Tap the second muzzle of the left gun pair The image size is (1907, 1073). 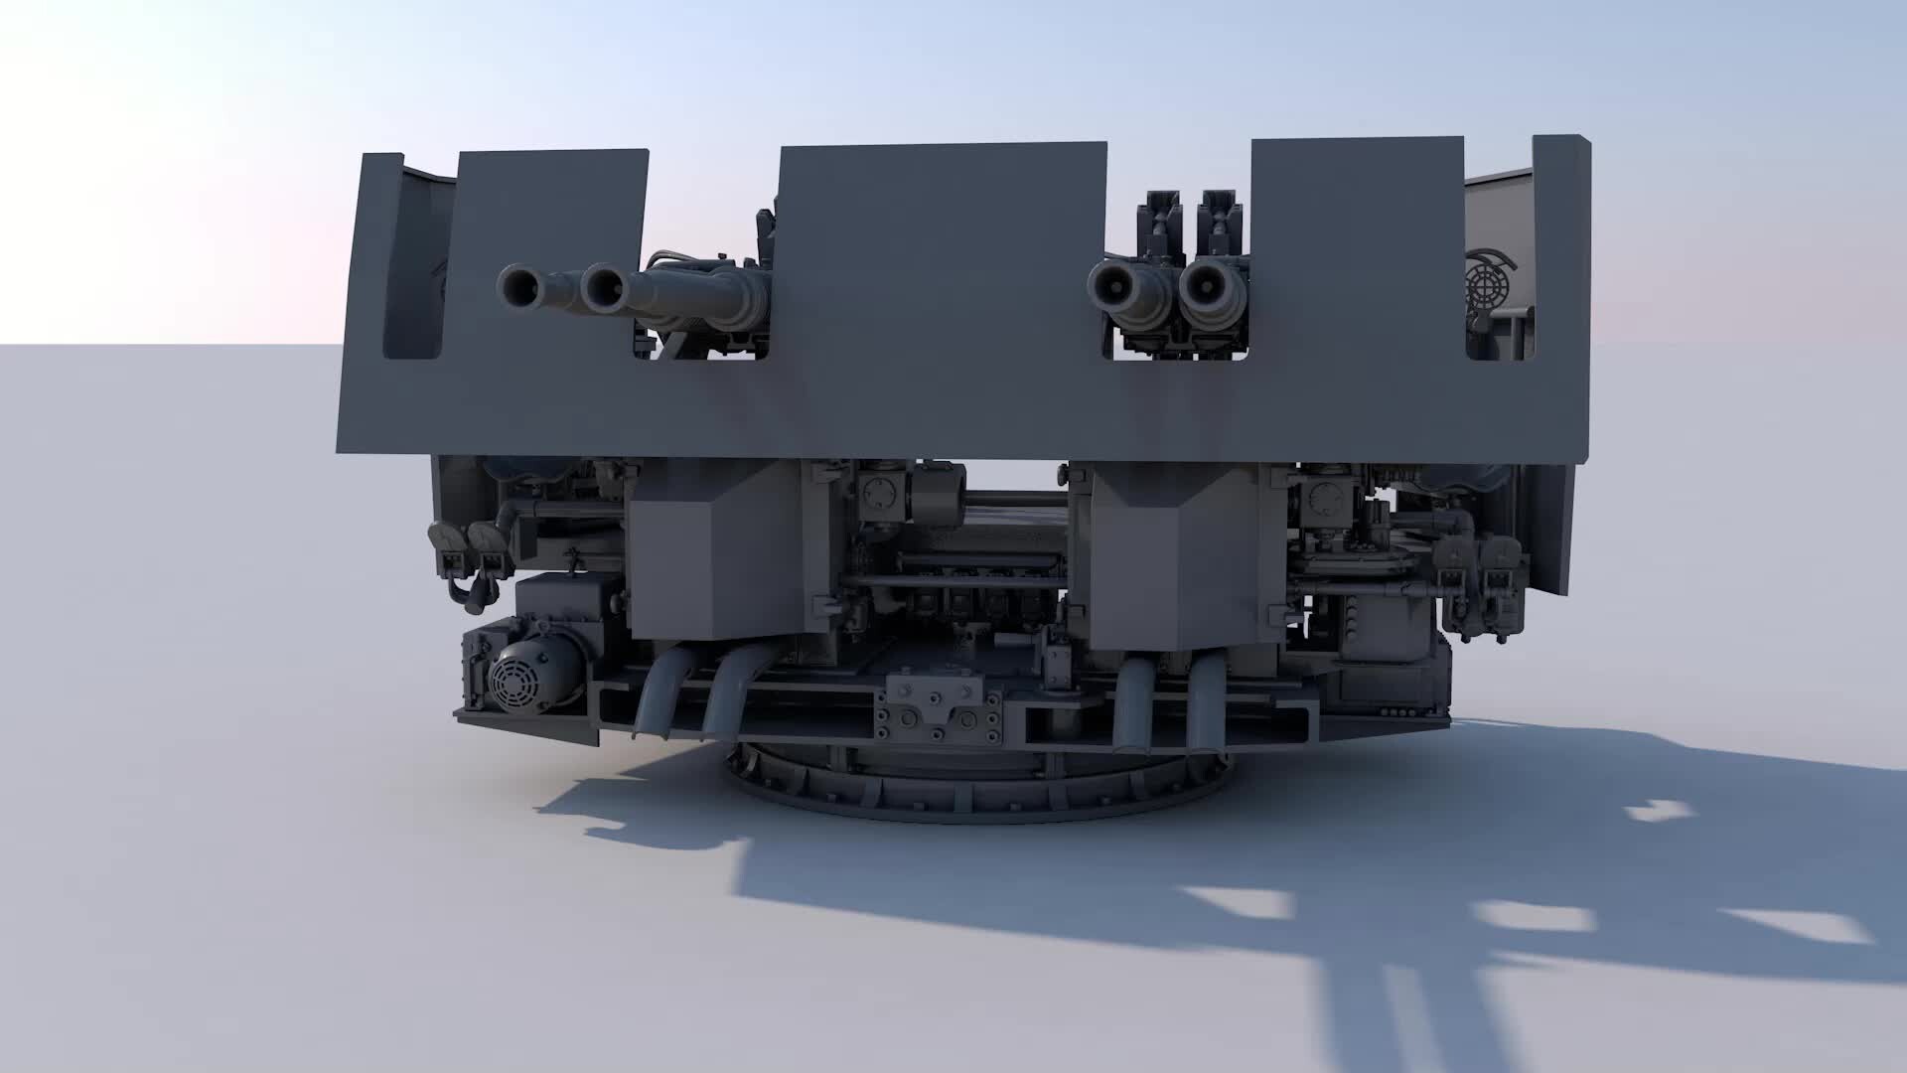point(602,288)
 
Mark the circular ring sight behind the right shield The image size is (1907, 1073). point(1490,282)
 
